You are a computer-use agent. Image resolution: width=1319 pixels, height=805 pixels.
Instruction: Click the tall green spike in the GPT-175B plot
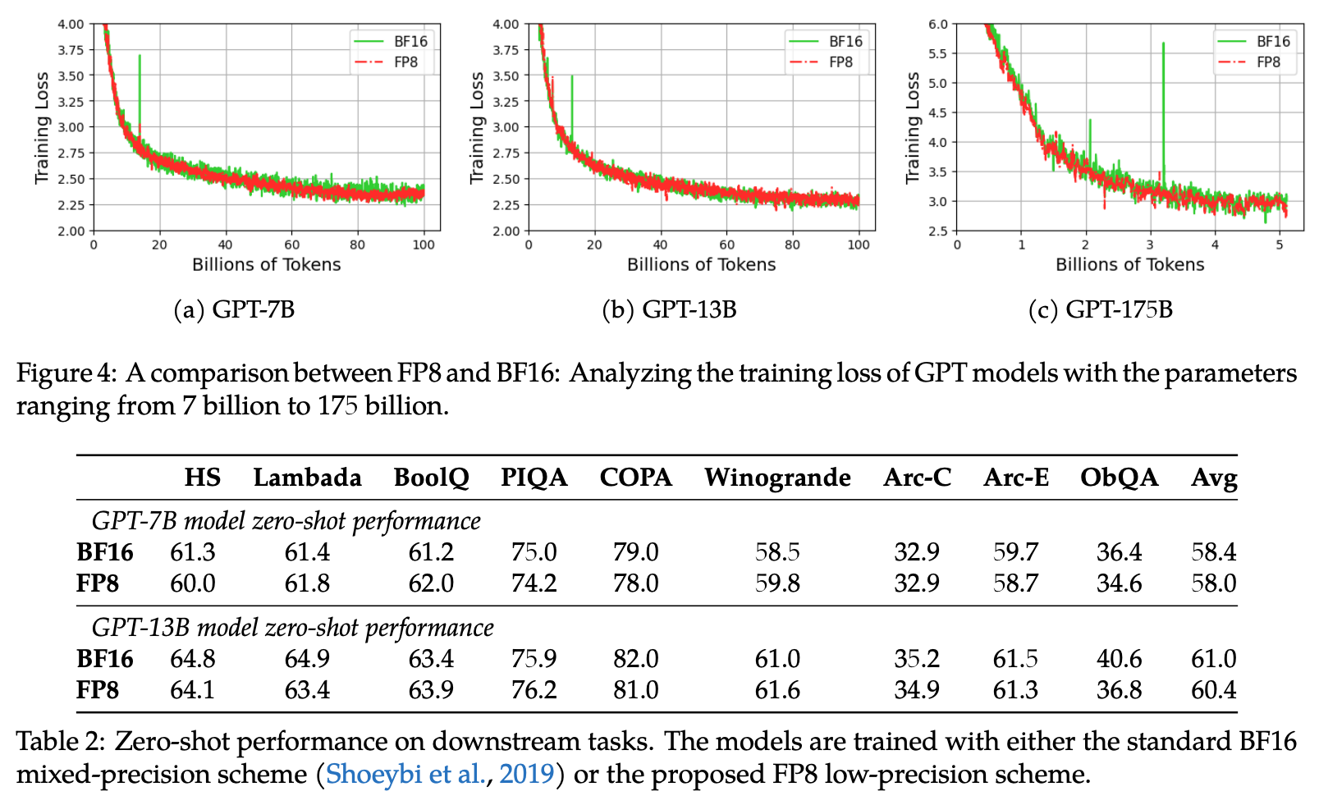(1163, 98)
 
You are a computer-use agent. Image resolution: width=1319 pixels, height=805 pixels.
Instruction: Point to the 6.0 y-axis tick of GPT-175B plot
(937, 24)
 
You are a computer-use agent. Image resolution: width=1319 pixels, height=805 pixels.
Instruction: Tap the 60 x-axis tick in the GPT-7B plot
(291, 245)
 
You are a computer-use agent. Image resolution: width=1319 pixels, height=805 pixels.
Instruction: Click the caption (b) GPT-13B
(669, 309)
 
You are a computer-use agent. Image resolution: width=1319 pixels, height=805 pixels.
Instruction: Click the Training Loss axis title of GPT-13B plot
(477, 127)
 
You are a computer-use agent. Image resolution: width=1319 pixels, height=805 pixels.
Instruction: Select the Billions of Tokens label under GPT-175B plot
(1129, 264)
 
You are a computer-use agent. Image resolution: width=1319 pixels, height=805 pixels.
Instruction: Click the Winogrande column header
(776, 478)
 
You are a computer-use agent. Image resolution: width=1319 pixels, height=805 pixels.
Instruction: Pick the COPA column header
(635, 478)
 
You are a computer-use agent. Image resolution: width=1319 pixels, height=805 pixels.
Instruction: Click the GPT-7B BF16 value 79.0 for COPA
(635, 551)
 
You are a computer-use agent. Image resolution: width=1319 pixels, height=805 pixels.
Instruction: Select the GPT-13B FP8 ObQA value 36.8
(1119, 689)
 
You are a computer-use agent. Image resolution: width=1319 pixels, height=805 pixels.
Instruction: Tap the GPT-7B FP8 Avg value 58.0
(1213, 583)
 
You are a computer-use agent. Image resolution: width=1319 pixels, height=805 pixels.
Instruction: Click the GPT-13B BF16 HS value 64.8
(192, 658)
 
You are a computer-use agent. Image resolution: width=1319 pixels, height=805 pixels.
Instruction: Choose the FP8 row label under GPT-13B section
(98, 689)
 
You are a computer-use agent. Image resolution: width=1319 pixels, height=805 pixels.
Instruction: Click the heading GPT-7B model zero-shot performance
(286, 521)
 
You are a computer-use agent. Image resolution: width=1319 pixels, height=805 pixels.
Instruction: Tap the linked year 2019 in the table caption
(526, 774)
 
